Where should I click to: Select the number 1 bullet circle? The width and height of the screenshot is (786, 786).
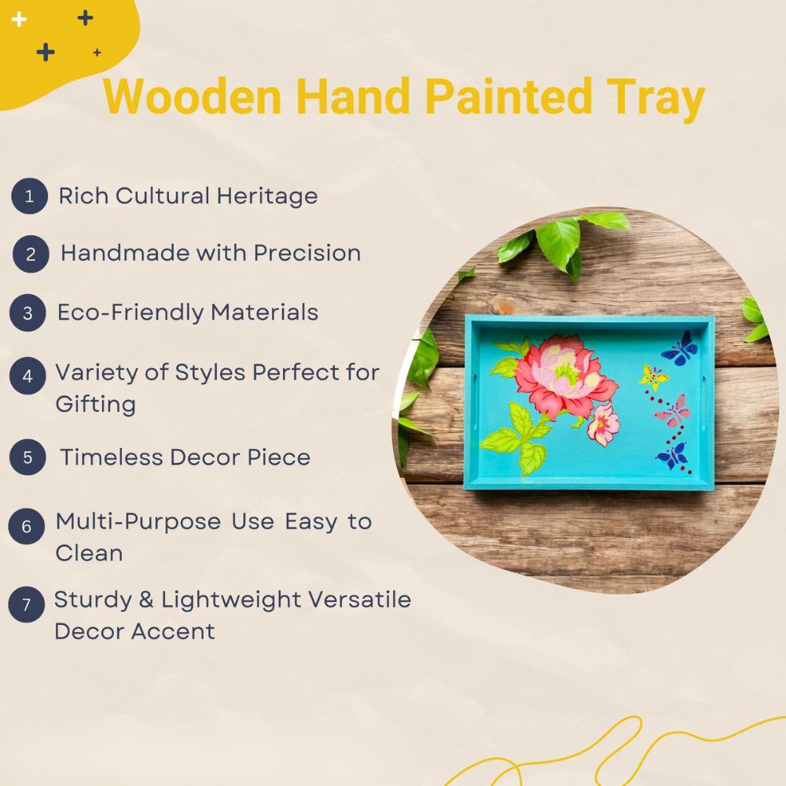point(30,196)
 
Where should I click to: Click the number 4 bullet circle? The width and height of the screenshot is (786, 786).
point(28,376)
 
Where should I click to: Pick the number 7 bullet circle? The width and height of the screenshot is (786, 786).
point(27,604)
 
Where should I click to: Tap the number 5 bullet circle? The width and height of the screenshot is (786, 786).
point(28,457)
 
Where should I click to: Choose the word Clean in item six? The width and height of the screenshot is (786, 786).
point(89,553)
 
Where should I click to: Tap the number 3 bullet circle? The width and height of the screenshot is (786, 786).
point(28,313)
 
